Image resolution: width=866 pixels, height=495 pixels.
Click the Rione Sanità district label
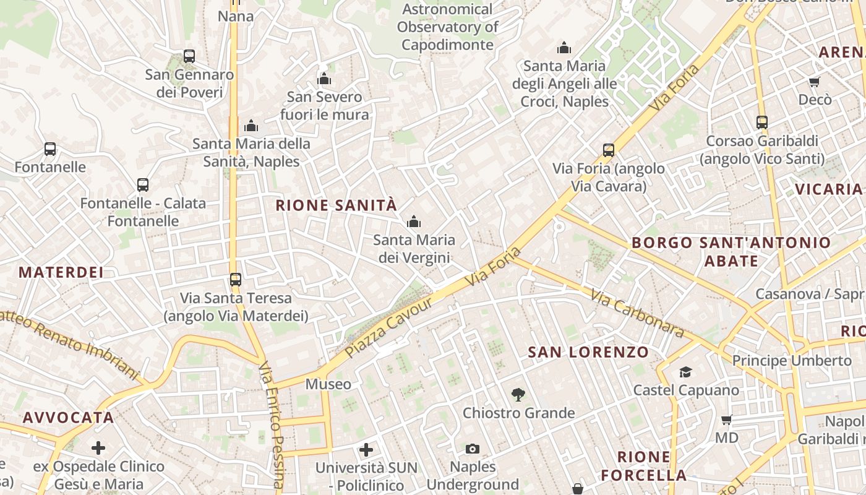(336, 205)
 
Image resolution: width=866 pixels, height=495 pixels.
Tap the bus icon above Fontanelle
(50, 149)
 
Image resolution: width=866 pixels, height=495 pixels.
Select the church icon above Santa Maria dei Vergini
(413, 222)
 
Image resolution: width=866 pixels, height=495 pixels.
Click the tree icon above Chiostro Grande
(518, 394)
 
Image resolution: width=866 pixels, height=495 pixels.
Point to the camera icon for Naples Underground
(473, 449)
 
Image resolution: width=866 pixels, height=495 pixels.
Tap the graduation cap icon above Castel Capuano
(685, 372)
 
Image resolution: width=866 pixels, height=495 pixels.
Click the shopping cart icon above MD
(727, 420)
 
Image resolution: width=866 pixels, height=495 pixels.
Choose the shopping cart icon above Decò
(815, 82)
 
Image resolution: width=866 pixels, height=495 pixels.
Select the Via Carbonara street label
(637, 314)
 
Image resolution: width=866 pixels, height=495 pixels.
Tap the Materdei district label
(61, 272)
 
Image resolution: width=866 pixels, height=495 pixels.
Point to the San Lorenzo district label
(588, 353)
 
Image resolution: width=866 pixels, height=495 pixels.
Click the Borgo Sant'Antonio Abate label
(731, 251)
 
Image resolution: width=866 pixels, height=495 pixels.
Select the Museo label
(328, 384)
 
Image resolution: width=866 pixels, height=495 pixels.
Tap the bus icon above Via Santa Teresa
(236, 280)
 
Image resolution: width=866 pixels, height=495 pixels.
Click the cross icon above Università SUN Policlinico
(366, 449)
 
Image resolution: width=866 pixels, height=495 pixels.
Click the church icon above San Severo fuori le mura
(324, 79)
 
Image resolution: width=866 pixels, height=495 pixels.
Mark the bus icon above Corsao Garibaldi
(762, 123)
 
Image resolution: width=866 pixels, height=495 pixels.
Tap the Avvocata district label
(69, 418)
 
